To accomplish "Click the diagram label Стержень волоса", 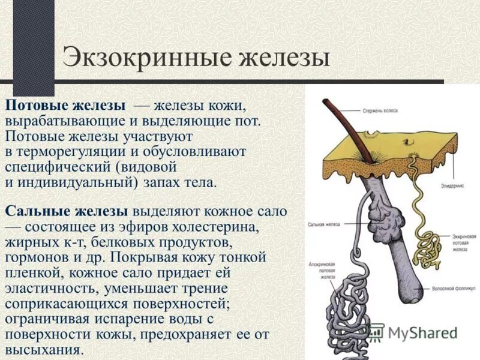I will click(385, 110).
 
